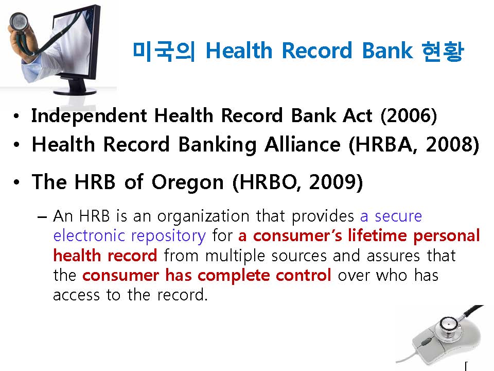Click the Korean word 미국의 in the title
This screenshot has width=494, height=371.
click(x=164, y=51)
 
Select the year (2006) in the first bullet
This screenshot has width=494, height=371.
click(x=409, y=115)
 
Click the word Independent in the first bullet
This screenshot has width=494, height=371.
click(x=89, y=116)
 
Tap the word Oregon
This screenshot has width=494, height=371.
click(x=187, y=182)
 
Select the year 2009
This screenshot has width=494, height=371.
click(x=336, y=182)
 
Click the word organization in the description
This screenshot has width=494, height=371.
click(x=203, y=217)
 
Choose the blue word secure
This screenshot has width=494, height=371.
click(x=398, y=216)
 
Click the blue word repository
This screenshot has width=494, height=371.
click(x=168, y=237)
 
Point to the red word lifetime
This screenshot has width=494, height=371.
click(x=377, y=235)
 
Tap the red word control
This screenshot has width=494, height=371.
click(x=304, y=275)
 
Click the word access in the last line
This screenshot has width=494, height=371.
click(x=77, y=295)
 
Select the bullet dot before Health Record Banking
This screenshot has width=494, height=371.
click(x=16, y=145)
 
